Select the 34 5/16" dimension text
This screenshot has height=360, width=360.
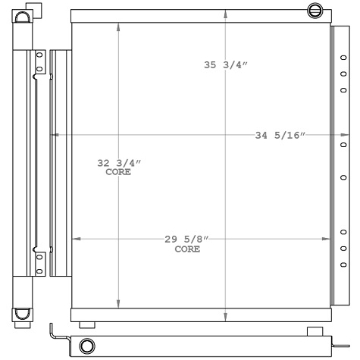click(x=280, y=136)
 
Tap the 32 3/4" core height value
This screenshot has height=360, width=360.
click(x=120, y=163)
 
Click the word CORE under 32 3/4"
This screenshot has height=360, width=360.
click(x=118, y=172)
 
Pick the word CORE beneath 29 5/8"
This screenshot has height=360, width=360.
click(x=187, y=249)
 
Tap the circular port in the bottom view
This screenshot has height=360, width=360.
click(x=88, y=346)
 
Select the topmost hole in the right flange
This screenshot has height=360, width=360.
click(x=343, y=55)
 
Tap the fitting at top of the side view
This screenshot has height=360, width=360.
click(x=22, y=15)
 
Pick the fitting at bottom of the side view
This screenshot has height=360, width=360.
click(x=22, y=315)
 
